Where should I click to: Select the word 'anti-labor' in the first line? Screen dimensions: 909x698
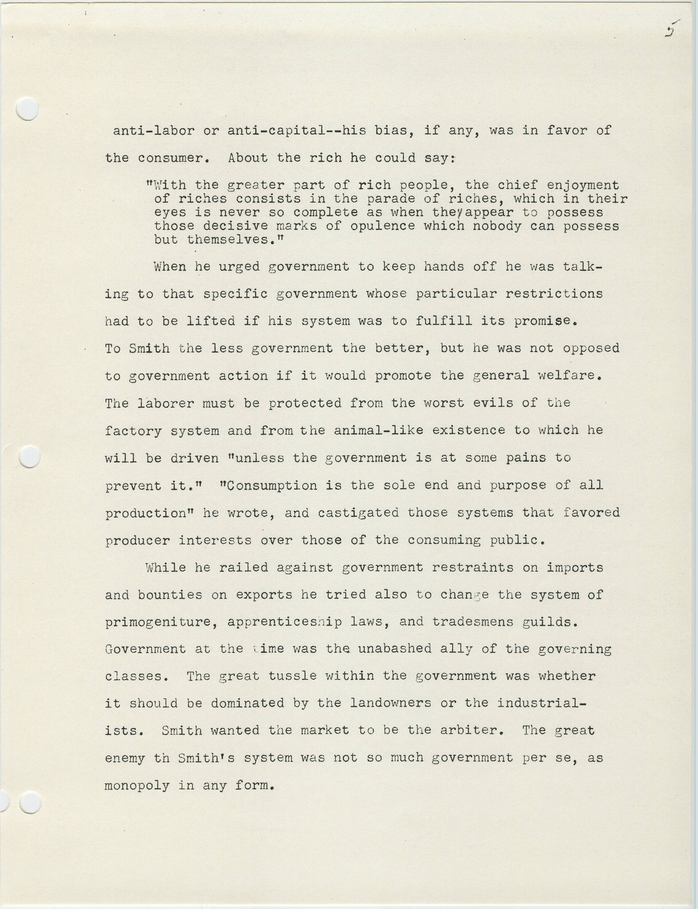154,131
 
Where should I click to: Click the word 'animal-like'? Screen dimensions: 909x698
378,430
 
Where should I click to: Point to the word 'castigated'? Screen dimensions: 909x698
358,513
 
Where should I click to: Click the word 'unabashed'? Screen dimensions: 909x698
394,649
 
